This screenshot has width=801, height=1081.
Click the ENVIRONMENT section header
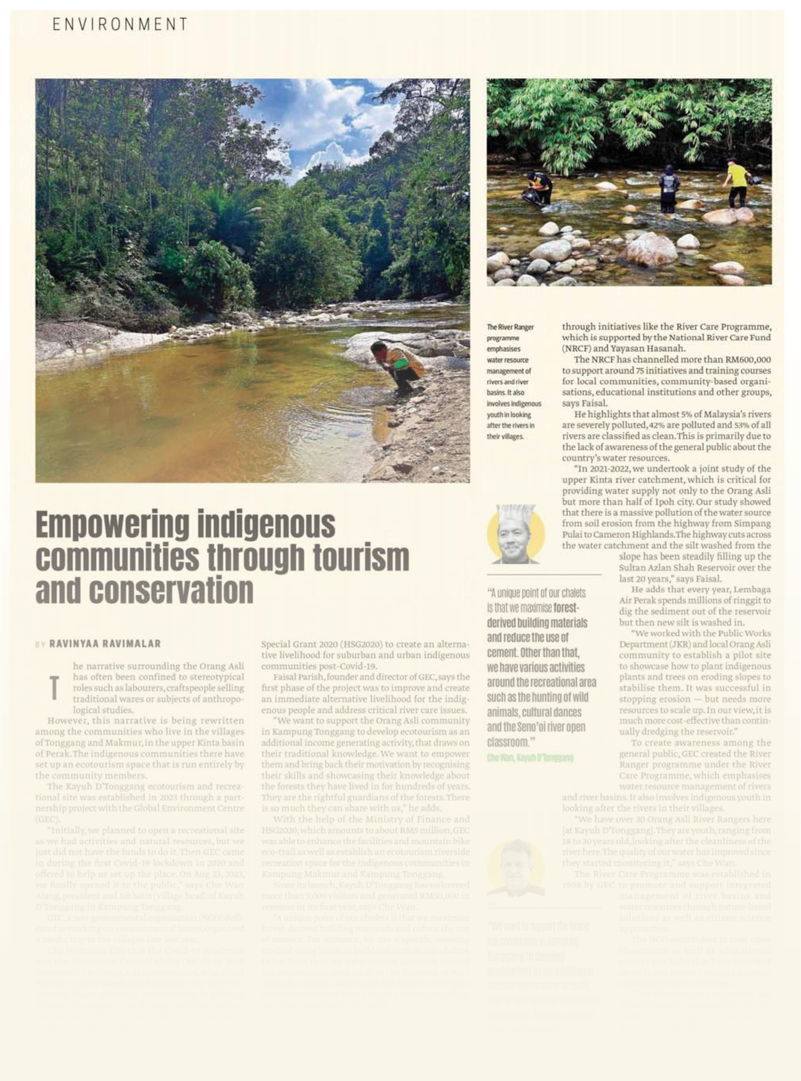(x=120, y=24)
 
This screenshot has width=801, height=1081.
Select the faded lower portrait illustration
(x=515, y=869)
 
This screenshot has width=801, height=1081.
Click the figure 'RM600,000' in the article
(x=747, y=360)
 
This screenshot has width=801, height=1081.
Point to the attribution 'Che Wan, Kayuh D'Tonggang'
(x=530, y=758)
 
